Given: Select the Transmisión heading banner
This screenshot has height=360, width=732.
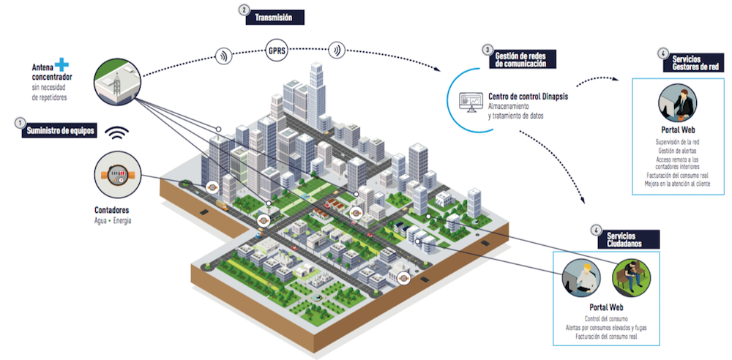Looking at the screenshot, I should (276, 16).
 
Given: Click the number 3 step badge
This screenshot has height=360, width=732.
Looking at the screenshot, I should (486, 50).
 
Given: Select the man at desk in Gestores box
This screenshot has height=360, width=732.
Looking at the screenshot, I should (677, 104).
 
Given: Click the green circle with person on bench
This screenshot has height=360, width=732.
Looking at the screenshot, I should (629, 275).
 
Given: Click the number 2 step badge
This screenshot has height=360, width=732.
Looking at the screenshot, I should (244, 10).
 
